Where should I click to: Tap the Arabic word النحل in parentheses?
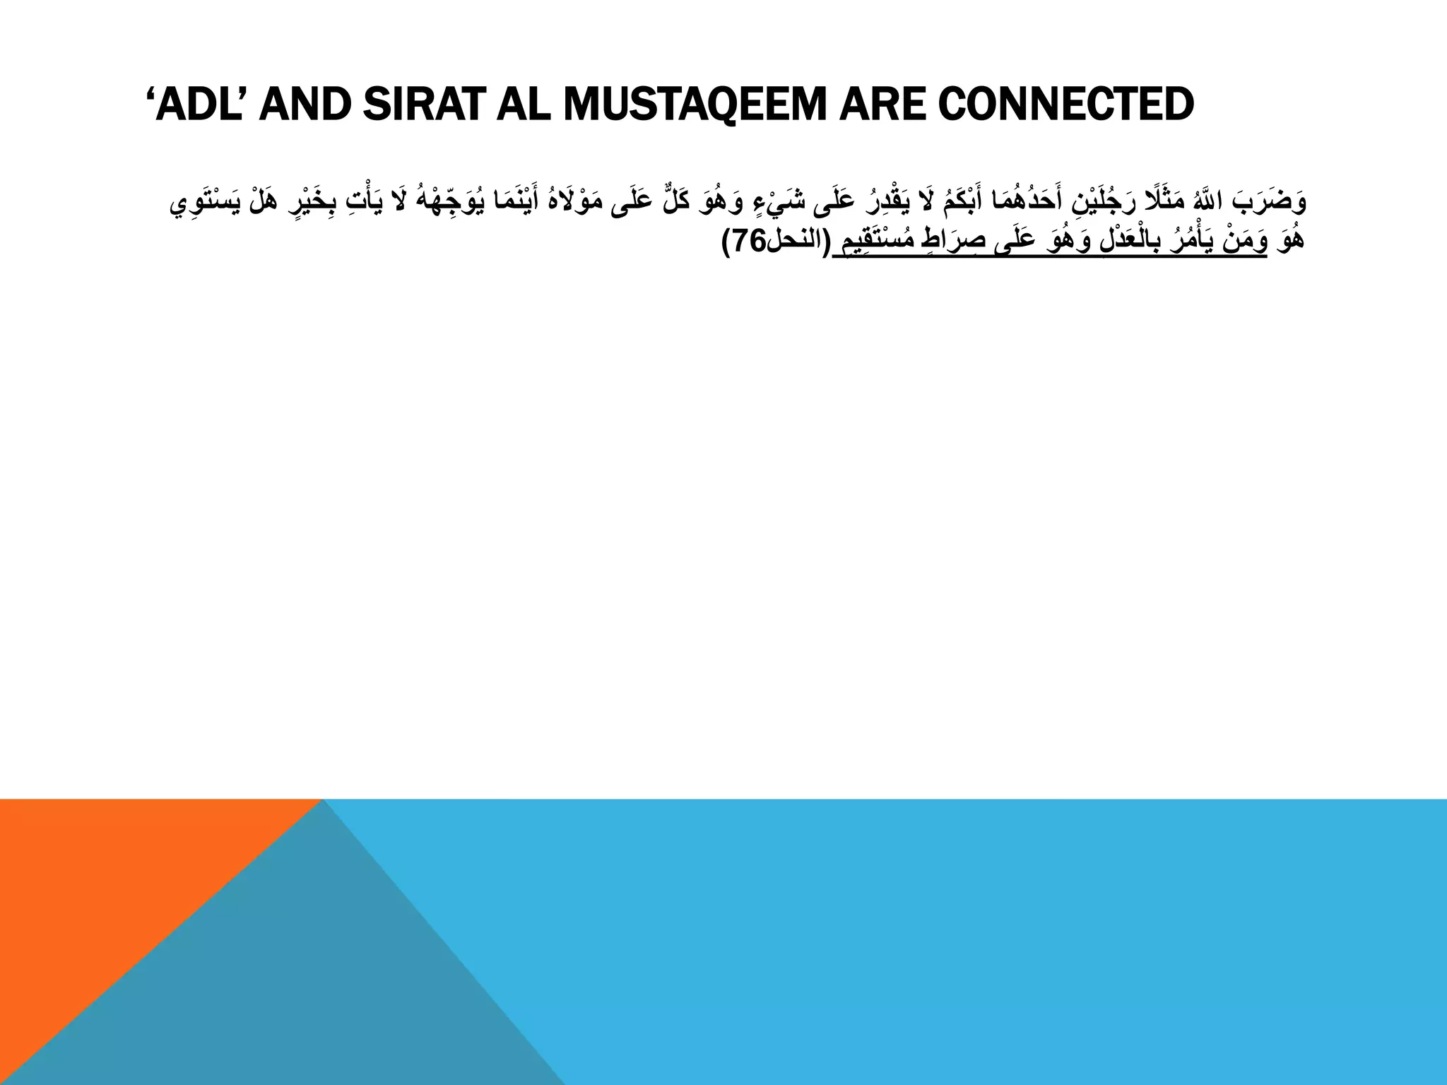tap(794, 242)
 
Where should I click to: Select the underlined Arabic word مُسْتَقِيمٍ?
tap(873, 242)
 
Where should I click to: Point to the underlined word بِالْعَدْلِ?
tap(1123, 242)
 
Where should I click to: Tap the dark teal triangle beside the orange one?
tap(318, 989)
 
